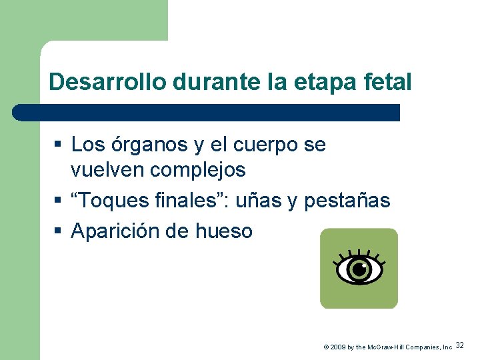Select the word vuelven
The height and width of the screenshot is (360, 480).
tap(107, 170)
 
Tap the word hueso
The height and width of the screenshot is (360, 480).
tap(224, 231)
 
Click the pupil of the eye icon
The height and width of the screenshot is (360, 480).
tap(359, 269)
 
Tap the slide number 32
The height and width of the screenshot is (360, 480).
tap(460, 345)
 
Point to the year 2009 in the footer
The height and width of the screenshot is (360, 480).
tap(337, 347)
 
